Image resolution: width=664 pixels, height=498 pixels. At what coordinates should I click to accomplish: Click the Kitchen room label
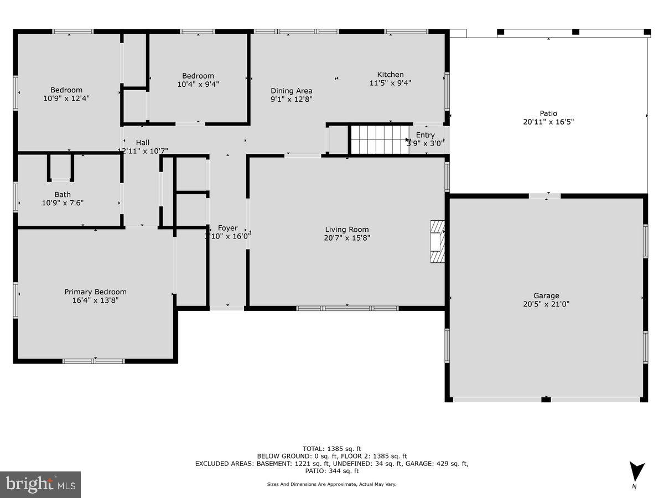coord(390,75)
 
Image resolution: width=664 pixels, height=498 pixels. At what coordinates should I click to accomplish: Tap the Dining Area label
coord(291,91)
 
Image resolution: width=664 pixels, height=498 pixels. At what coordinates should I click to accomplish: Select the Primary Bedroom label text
coord(95,292)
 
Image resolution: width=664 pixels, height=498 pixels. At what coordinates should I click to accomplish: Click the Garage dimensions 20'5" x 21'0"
coord(546,304)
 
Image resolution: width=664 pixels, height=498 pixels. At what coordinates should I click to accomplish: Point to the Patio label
coord(548,113)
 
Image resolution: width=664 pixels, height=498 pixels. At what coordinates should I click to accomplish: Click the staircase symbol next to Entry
coord(378,139)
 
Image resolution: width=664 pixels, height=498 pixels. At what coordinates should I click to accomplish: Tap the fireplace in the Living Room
coord(437,242)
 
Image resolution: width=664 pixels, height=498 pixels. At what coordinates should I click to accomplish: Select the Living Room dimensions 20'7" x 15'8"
coord(346,238)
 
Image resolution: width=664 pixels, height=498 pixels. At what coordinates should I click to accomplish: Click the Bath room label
coord(63,194)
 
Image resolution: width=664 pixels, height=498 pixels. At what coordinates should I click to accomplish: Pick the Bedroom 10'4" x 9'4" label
coord(198,76)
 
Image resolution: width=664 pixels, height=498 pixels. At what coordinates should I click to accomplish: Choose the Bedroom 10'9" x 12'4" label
coord(66,90)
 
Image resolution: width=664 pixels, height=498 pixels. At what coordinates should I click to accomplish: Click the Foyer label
coord(227,228)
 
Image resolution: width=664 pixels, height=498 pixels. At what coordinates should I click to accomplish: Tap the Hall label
coord(142,143)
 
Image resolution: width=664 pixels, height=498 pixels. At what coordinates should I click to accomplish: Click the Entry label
coord(425,135)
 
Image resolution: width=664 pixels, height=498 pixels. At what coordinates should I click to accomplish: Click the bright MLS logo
coord(40,485)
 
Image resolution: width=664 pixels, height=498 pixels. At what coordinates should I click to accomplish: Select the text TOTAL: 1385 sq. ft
coord(332,449)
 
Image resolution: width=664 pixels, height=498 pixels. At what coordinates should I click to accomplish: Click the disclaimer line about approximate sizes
coord(332,484)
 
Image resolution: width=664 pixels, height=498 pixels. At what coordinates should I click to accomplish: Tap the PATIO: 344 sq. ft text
coord(332,471)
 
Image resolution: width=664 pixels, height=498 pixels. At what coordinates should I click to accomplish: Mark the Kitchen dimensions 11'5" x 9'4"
coord(390,83)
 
